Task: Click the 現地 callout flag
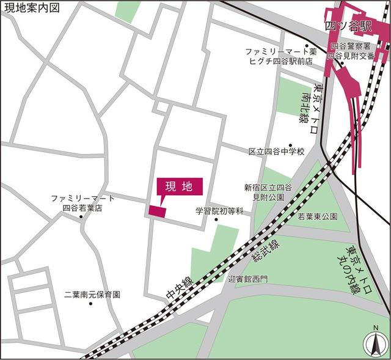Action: (179, 187)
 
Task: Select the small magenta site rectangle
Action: (157, 211)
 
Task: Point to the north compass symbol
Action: (373, 343)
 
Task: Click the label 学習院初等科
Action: (219, 211)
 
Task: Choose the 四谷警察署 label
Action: (351, 46)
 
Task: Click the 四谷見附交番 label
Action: (350, 56)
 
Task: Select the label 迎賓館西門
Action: (248, 279)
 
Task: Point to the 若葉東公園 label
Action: (318, 216)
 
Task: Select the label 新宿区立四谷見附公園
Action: (268, 192)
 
